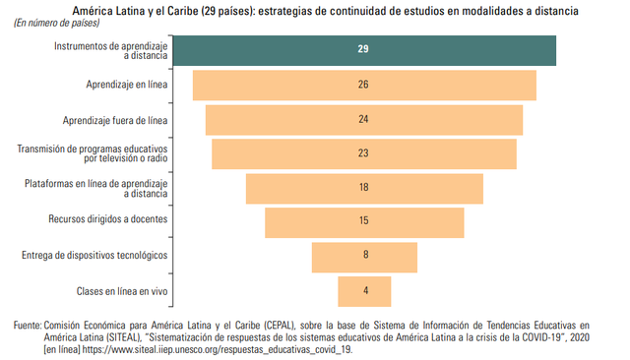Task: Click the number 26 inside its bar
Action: [363, 86]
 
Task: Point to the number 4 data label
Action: [364, 291]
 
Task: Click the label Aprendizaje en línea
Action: [127, 86]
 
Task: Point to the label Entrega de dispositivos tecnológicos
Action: [94, 256]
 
